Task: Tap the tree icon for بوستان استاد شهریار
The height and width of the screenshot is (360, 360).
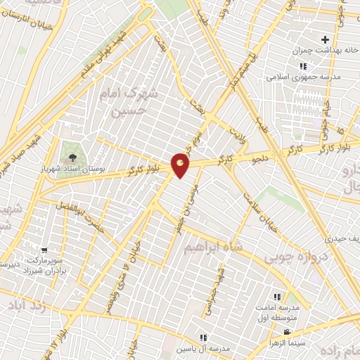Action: pyautogui.click(x=72, y=152)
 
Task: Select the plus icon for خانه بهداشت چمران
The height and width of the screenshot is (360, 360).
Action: pyautogui.click(x=325, y=39)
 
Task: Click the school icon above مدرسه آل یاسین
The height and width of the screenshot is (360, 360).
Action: pyautogui.click(x=204, y=338)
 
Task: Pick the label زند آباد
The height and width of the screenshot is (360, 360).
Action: pyautogui.click(x=24, y=307)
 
